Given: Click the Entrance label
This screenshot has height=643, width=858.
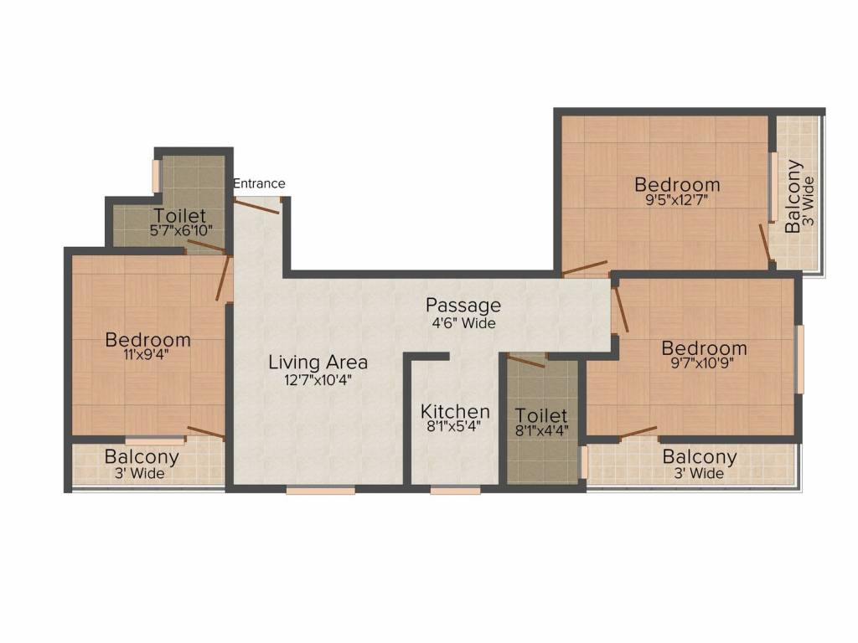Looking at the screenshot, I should [259, 183].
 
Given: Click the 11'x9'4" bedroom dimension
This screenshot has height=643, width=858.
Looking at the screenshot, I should [147, 354].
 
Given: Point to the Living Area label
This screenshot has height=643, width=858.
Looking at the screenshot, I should [318, 363].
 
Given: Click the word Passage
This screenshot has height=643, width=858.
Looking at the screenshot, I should [463, 305].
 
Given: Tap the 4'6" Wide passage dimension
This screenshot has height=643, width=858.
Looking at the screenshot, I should [463, 322].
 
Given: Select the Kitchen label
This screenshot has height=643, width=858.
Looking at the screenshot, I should [455, 411].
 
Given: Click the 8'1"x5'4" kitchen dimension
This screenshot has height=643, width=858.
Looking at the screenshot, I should [455, 426].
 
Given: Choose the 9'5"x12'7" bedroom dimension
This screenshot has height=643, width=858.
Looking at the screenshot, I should [677, 200].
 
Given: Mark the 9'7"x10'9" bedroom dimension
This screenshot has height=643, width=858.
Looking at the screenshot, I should [704, 363].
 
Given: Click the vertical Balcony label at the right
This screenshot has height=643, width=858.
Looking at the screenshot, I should [793, 196].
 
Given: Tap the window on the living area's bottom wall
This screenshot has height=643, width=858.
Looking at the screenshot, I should [308, 491].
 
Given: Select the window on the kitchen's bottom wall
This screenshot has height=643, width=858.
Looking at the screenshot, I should [455, 491].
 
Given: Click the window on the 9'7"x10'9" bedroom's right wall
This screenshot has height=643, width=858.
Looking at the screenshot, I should [800, 358].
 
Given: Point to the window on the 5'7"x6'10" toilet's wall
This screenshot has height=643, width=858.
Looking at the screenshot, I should [155, 175].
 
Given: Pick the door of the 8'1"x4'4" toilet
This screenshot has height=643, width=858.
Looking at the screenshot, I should [527, 361].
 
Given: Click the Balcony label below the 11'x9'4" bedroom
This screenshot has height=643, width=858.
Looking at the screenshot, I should [142, 458].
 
